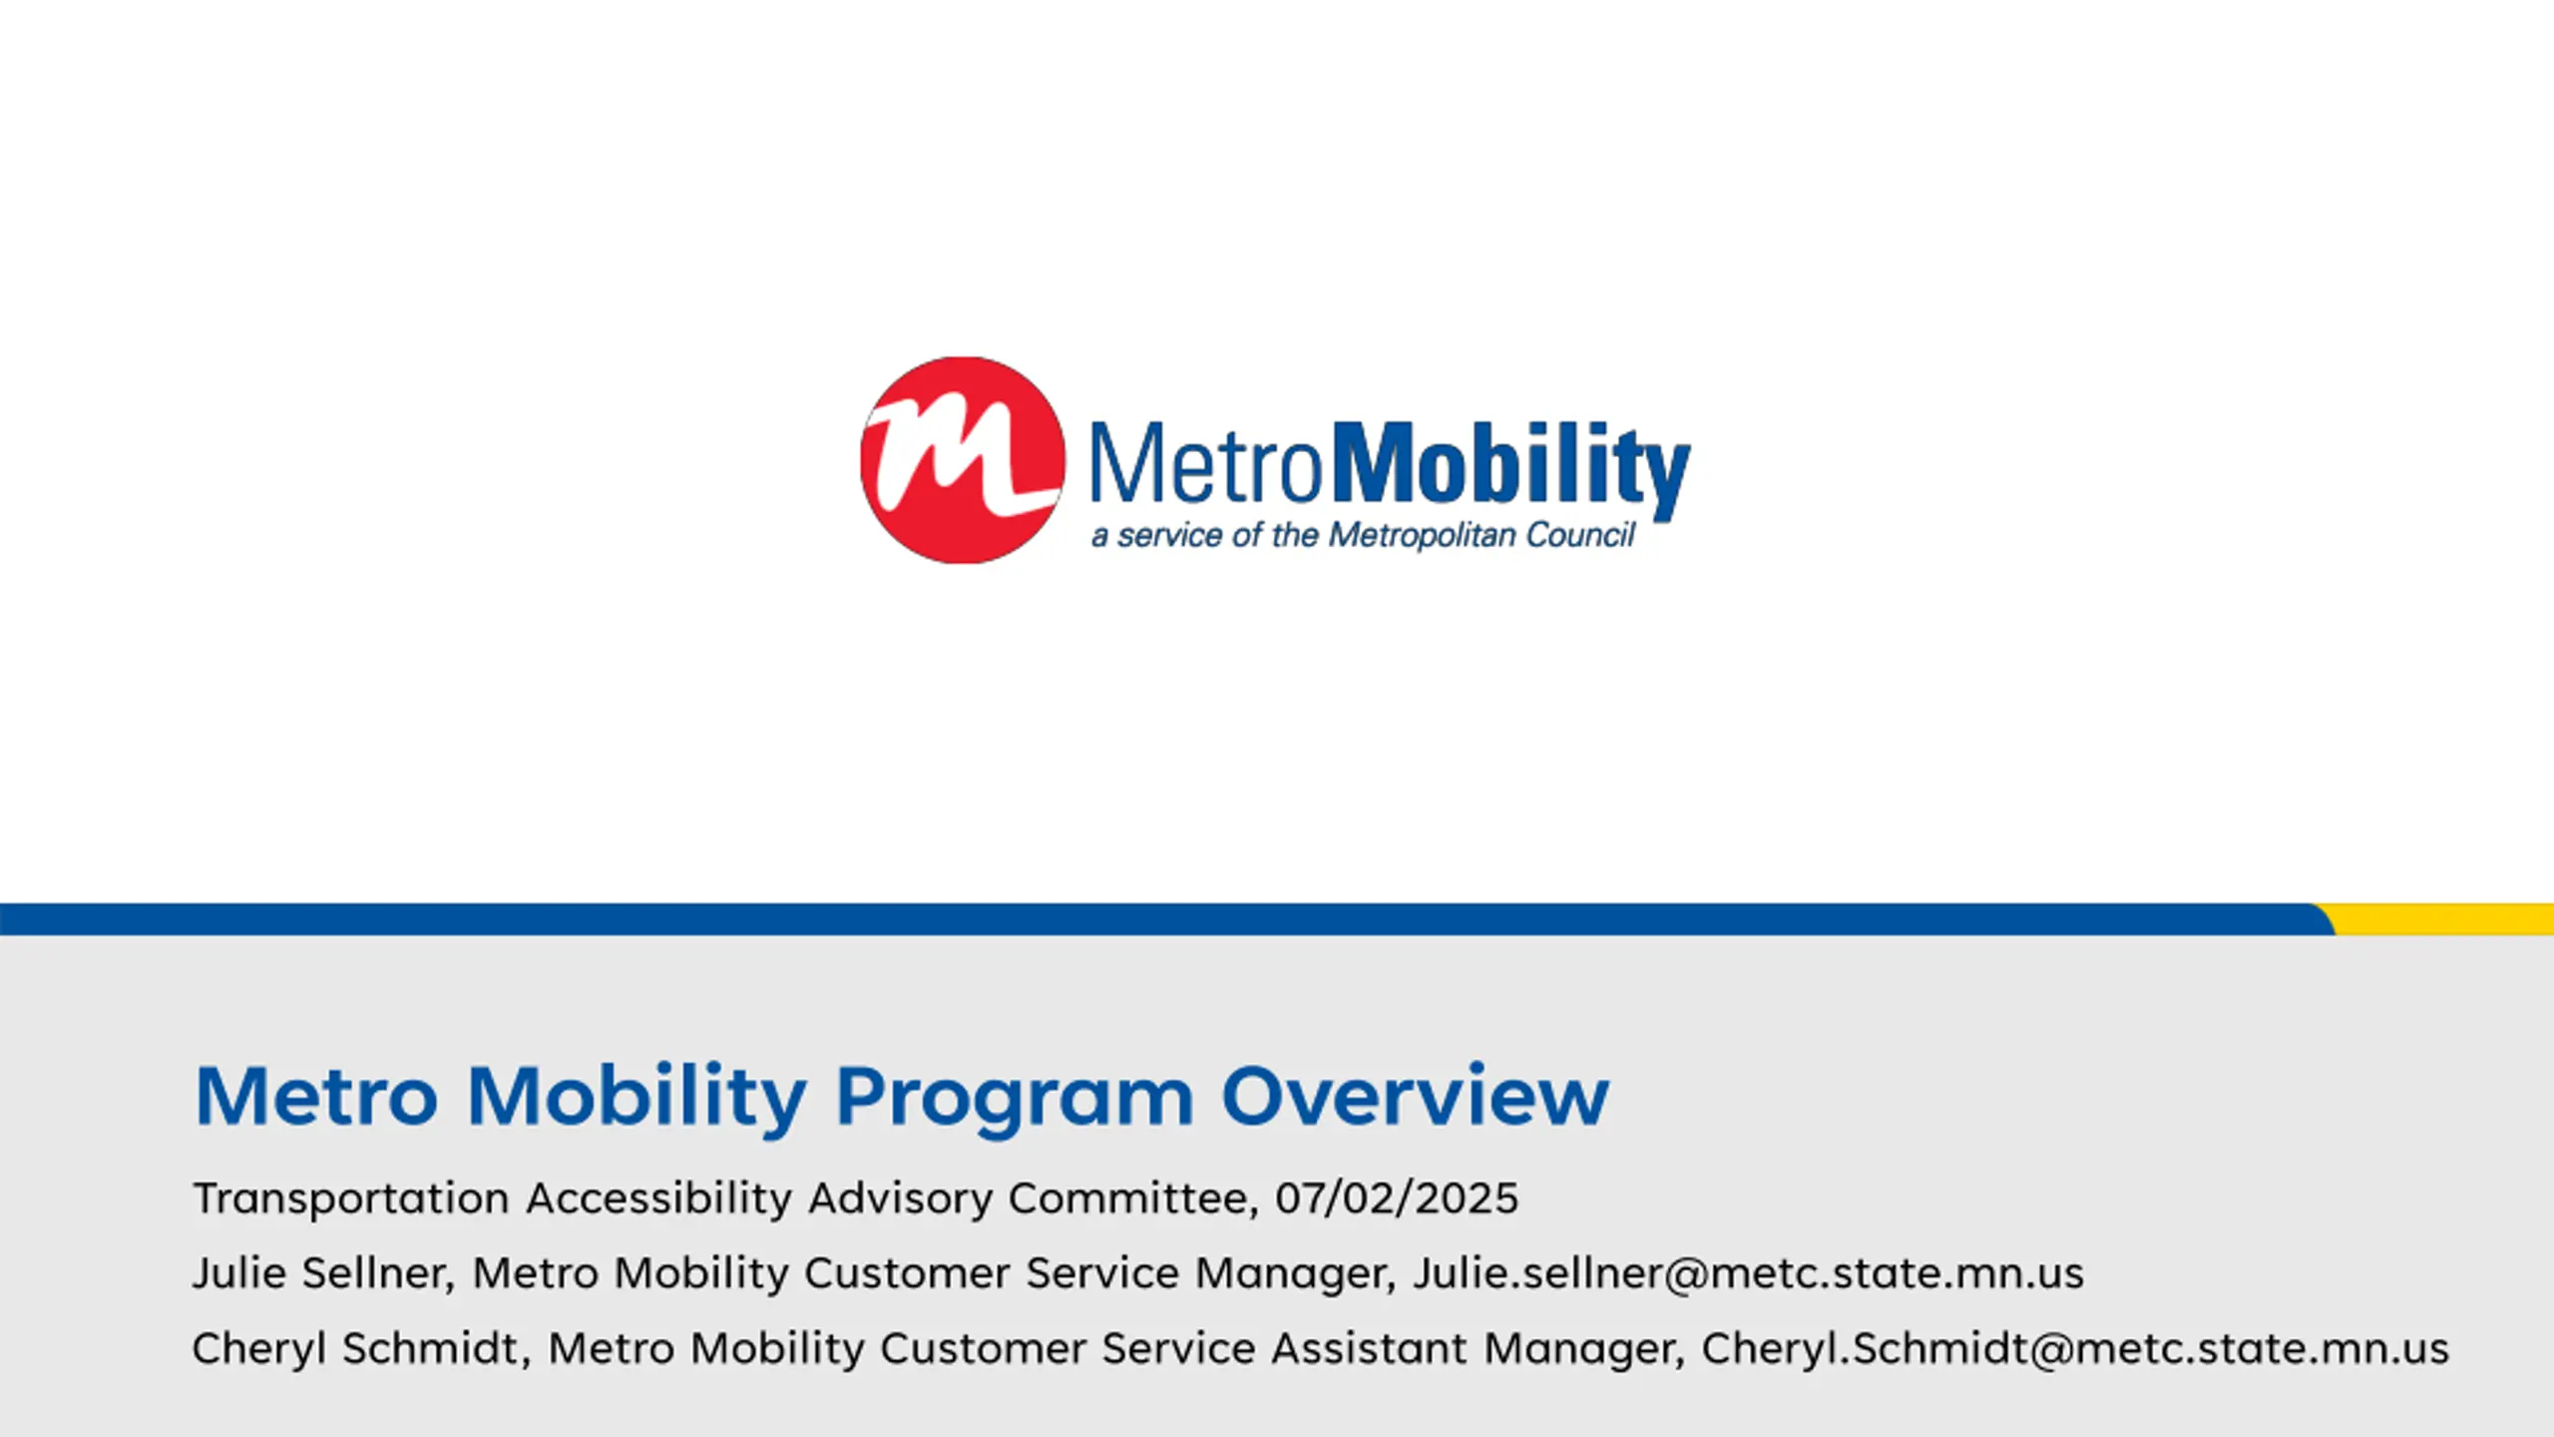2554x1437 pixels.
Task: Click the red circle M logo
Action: pos(962,460)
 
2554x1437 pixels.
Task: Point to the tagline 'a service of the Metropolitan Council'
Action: pos(1364,536)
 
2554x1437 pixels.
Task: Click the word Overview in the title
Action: pos(1415,1096)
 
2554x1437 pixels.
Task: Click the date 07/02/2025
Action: pos(1397,1198)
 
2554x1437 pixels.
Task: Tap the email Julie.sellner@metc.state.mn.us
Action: pos(1748,1273)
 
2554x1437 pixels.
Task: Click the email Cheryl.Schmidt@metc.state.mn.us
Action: pos(2075,1349)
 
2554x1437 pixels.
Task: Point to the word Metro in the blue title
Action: pos(316,1096)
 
